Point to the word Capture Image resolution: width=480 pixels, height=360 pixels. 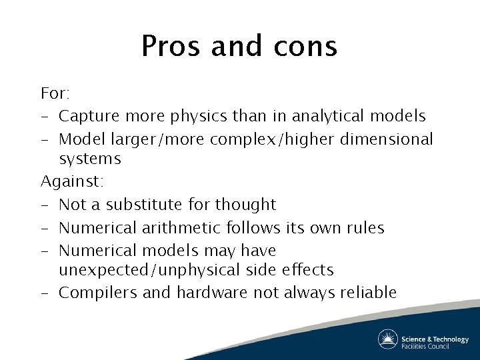point(87,116)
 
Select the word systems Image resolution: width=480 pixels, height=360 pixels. point(90,159)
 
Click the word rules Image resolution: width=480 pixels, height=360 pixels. point(365,227)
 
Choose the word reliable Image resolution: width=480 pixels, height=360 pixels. point(369,293)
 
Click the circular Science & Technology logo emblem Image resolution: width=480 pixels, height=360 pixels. point(388,339)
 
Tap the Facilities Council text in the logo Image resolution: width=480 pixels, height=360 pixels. point(425,345)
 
